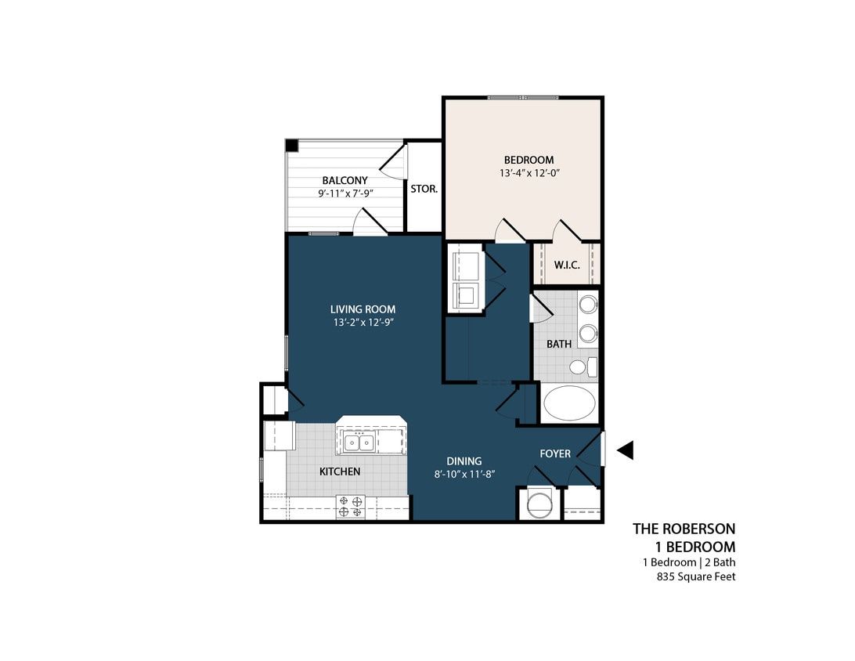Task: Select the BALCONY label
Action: (x=345, y=180)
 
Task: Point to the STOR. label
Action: (x=424, y=189)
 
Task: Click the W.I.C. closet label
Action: (x=566, y=265)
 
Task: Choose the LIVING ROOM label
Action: (x=363, y=309)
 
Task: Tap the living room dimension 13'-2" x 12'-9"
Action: (x=363, y=322)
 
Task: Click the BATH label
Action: (x=558, y=344)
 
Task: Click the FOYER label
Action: (x=555, y=453)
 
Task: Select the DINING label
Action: (x=464, y=461)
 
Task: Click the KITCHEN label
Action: (x=339, y=471)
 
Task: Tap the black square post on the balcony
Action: (x=291, y=145)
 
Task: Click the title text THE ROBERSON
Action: (x=684, y=529)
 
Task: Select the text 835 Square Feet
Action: (x=695, y=577)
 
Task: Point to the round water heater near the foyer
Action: (x=539, y=504)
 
